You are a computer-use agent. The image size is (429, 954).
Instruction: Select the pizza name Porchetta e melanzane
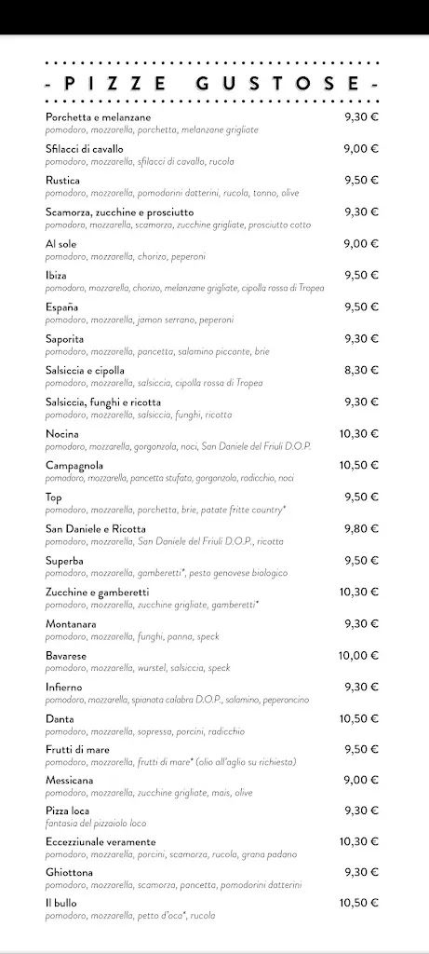pyautogui.click(x=98, y=116)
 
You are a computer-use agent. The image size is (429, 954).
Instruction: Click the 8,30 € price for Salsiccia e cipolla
pyautogui.click(x=361, y=370)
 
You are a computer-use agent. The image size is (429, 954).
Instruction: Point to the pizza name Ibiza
pyautogui.click(x=56, y=275)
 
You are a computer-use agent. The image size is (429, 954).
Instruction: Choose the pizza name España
pyautogui.click(x=61, y=307)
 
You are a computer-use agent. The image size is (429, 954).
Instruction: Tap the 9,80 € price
pyautogui.click(x=361, y=528)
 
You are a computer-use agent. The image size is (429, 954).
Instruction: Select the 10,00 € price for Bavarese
pyautogui.click(x=358, y=655)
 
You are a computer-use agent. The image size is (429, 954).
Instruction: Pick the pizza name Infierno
pyautogui.click(x=63, y=687)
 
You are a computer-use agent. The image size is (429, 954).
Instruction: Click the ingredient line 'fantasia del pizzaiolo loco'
pyautogui.click(x=96, y=824)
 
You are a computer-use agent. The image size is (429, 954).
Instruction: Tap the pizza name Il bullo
pyautogui.click(x=60, y=903)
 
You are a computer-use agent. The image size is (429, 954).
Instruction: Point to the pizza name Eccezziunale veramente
pyautogui.click(x=101, y=841)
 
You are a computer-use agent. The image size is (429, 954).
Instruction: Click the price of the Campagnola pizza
pyautogui.click(x=358, y=465)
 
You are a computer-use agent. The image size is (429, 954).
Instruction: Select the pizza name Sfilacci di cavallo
pyautogui.click(x=84, y=148)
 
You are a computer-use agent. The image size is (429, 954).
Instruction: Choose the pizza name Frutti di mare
pyautogui.click(x=74, y=750)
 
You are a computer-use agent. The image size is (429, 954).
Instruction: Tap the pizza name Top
pyautogui.click(x=53, y=497)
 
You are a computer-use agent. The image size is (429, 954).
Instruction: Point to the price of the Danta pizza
pyautogui.click(x=358, y=718)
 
